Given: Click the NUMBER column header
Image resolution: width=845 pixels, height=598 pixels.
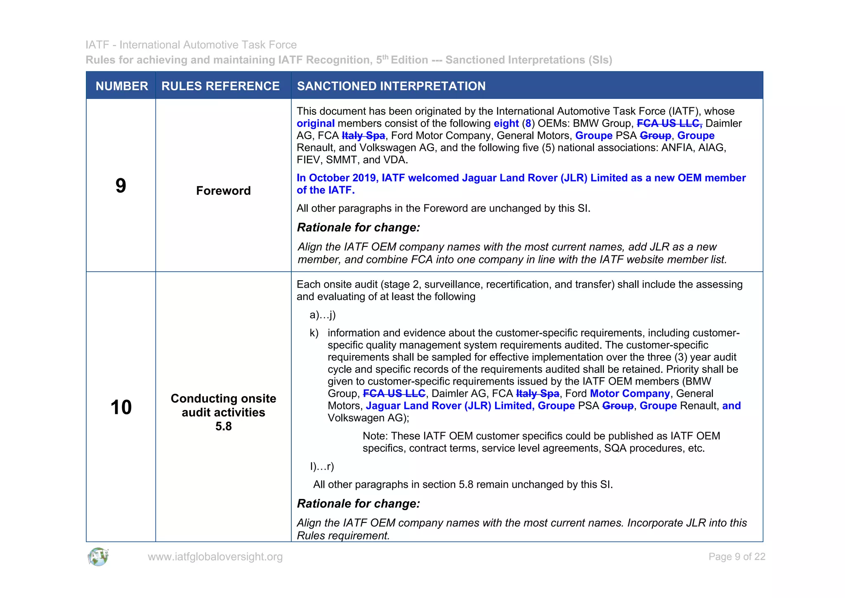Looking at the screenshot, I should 122,86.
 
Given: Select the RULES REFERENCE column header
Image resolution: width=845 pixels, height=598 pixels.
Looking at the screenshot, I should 220,86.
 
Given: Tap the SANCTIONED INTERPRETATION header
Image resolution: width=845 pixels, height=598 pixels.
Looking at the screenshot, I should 391,86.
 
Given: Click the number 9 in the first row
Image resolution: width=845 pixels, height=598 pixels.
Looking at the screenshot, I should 120,186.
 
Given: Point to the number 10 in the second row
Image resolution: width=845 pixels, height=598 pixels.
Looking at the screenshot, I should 121,407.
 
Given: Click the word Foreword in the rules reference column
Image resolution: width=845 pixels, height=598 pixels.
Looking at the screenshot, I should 223,191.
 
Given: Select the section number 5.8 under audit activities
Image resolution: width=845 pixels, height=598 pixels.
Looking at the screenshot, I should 223,426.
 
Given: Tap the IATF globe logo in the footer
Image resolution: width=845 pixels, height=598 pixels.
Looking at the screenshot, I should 98,557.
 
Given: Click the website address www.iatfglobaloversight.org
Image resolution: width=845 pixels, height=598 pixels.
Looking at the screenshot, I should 215,557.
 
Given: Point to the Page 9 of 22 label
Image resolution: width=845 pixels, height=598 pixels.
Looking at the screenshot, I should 736,557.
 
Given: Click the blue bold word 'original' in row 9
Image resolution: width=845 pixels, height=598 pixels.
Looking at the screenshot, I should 316,123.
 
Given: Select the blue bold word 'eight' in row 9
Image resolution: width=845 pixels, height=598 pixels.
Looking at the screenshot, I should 506,123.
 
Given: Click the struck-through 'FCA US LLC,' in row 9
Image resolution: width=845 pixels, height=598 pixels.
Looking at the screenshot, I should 669,123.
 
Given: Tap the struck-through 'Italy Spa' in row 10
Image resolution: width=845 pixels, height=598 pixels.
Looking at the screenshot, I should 537,394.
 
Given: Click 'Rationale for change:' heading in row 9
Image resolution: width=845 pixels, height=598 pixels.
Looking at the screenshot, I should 358,227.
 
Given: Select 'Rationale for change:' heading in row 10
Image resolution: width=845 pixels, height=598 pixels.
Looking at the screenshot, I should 358,503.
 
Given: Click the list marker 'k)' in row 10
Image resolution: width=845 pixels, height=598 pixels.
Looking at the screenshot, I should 314,333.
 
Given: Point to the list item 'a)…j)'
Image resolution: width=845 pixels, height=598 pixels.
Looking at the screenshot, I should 323,315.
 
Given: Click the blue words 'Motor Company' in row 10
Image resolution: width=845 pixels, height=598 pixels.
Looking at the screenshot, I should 630,394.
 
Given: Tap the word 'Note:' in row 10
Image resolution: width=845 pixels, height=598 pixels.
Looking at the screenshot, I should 375,436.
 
